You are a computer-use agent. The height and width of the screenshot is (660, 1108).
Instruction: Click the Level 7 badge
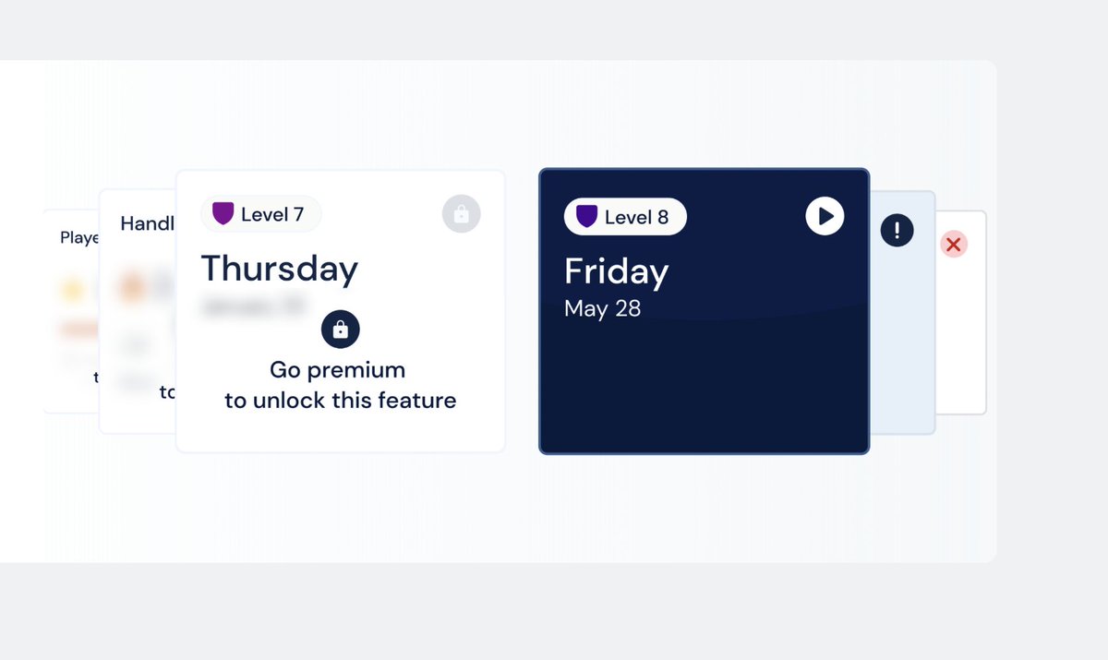[x=261, y=214]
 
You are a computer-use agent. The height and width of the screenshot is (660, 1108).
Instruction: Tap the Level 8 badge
[x=625, y=217]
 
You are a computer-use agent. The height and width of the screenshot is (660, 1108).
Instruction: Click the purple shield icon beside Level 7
[x=223, y=214]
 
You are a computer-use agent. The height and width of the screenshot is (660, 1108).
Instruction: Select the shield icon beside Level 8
[x=587, y=217]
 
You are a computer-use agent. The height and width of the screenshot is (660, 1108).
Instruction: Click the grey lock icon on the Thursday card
[x=462, y=214]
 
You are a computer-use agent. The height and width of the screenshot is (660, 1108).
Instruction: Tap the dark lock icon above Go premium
[x=341, y=330]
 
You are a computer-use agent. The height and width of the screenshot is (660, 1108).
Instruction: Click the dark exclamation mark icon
[x=897, y=230]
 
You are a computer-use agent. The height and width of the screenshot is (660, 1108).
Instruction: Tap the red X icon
[x=954, y=245]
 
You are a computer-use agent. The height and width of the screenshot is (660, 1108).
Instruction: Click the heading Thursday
[x=280, y=269]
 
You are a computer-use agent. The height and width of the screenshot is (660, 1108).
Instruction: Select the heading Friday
[x=617, y=271]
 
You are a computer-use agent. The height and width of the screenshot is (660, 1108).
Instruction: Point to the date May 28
[x=602, y=308]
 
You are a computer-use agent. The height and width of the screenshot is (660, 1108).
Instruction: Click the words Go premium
[x=337, y=370]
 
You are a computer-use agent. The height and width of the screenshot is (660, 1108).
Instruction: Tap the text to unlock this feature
[x=341, y=401]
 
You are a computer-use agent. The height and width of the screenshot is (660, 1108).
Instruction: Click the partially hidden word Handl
[x=147, y=223]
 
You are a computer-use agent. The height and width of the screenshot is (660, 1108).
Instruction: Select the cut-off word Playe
[x=79, y=238]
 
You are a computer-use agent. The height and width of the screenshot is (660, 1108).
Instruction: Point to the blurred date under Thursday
[x=255, y=305]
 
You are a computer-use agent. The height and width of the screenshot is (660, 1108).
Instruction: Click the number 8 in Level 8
[x=662, y=217]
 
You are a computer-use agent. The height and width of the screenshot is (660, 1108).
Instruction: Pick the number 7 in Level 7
[x=298, y=214]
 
